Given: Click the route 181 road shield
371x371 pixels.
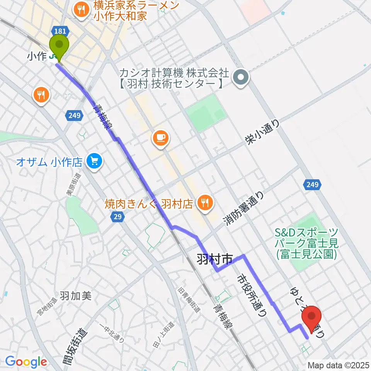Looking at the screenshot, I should [62, 31].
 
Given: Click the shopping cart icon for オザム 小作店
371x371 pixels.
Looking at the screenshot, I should [94, 161].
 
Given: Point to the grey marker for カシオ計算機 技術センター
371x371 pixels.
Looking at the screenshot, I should [241, 78].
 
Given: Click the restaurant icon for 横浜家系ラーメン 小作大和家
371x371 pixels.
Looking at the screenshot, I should [81, 9].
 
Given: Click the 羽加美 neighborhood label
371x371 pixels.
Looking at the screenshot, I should [75, 296].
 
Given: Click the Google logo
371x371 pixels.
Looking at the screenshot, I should [26, 362].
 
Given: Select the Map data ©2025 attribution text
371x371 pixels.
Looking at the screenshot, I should [338, 365].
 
